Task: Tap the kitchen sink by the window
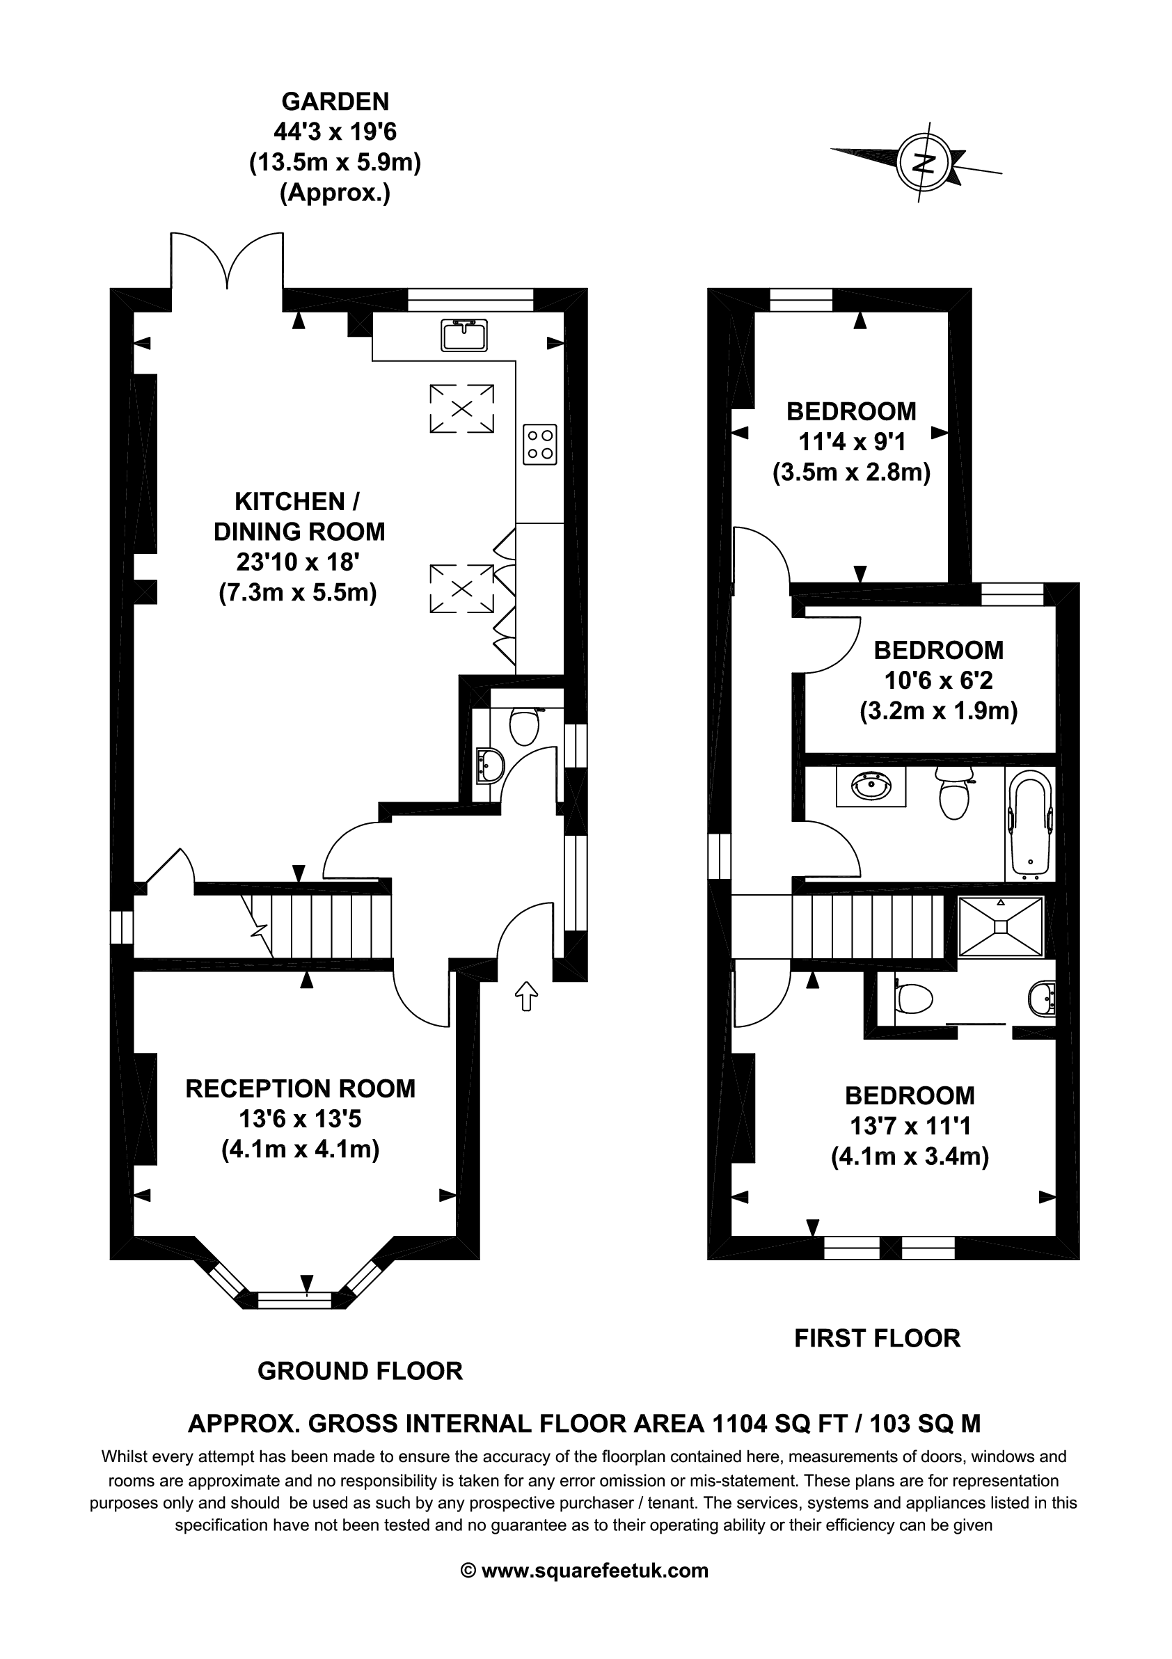[x=464, y=335]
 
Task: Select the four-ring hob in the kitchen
[x=541, y=444]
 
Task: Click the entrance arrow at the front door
[x=526, y=996]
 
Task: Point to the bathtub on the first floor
[x=1029, y=824]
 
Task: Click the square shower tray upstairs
[x=1001, y=927]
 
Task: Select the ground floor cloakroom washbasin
[x=491, y=765]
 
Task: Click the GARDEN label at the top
[x=335, y=101]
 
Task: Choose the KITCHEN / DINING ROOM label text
[x=299, y=516]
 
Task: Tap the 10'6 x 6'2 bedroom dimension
[x=939, y=681]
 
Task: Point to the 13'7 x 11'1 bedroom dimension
[x=910, y=1127]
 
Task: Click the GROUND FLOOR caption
[x=360, y=1372]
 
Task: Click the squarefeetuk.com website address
[x=594, y=1571]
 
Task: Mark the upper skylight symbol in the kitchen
[x=461, y=408]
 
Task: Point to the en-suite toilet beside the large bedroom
[x=914, y=1000]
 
